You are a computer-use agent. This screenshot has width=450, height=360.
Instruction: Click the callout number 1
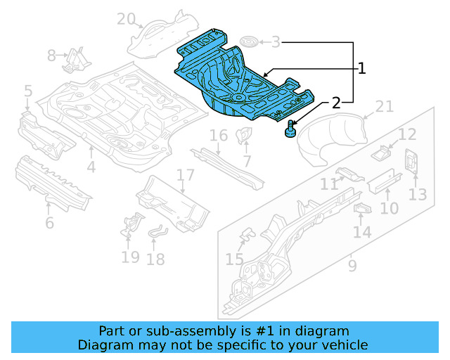(361, 68)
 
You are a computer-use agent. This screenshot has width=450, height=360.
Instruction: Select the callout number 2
(336, 103)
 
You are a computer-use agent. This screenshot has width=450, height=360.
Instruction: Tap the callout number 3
(276, 42)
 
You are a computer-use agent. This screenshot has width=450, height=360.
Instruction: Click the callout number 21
(384, 106)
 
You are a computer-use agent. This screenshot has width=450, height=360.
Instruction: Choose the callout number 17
(185, 175)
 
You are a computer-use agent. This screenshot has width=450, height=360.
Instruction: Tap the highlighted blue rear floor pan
(239, 81)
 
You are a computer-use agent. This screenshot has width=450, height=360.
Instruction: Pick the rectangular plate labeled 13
(411, 161)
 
